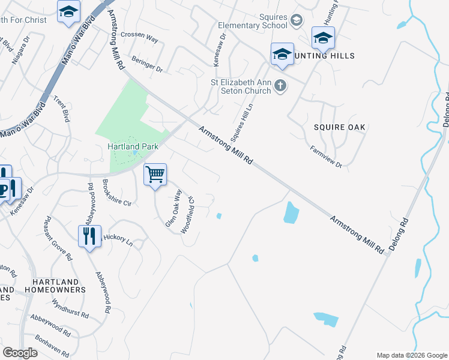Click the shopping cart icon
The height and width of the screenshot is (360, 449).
pos(155,175)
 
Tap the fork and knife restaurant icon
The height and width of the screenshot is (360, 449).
pos(90,235)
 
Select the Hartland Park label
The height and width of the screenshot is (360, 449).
pos(132,146)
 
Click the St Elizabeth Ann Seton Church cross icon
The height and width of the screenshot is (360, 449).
pos(280,86)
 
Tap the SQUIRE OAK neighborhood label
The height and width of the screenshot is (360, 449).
pos(340,127)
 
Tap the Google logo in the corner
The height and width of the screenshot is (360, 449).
pos(20,353)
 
